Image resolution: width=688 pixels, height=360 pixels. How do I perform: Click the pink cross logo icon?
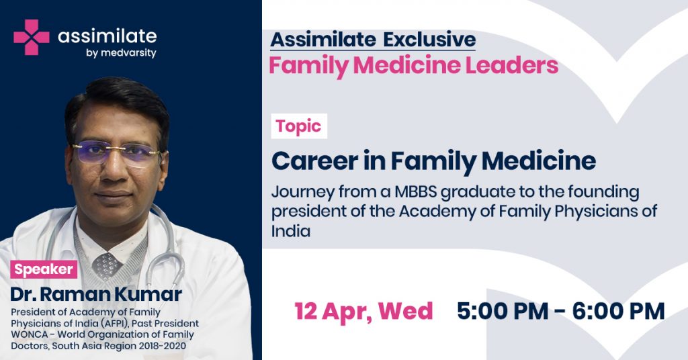pos(31,37)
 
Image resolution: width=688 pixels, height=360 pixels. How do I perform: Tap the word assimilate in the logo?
pos(107,36)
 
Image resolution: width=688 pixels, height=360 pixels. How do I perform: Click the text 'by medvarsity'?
pos(121,53)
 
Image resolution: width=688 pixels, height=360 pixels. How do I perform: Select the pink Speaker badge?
pos(44,269)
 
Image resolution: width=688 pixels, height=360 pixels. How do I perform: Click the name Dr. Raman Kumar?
pos(96,294)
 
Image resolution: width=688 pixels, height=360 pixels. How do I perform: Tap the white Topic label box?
pos(299,126)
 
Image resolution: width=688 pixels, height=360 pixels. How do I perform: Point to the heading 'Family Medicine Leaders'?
pos(413,65)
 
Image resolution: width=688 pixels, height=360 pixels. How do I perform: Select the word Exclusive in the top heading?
pos(429,40)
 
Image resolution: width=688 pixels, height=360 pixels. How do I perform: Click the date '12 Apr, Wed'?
pos(363,311)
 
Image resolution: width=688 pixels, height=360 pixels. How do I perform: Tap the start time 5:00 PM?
pos(503,311)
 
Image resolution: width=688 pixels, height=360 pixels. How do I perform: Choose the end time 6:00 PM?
pos(618,311)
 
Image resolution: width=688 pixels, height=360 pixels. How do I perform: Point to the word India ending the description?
pos(291,230)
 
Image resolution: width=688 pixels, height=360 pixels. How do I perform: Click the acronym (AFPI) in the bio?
pos(115,324)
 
